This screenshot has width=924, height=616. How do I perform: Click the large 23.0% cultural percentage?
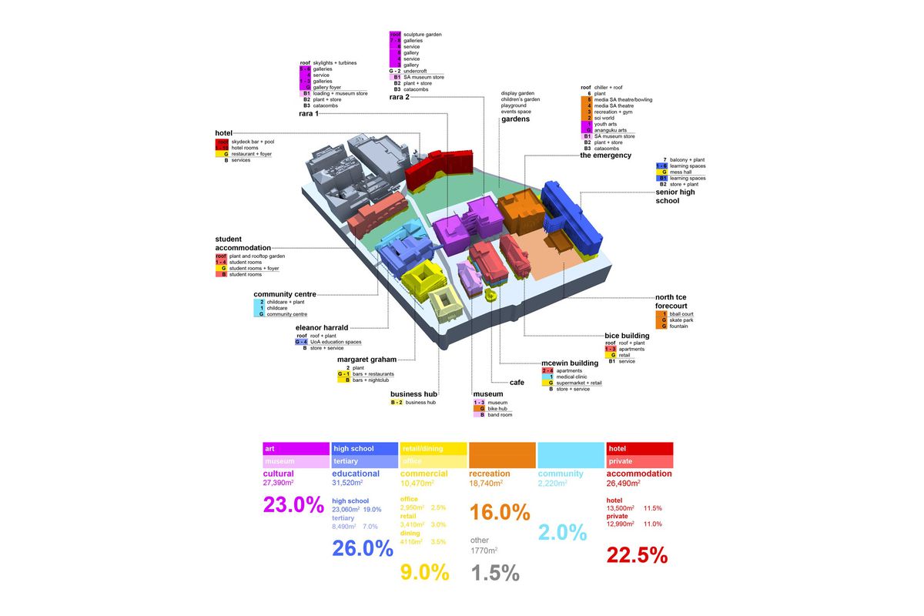pyautogui.click(x=293, y=505)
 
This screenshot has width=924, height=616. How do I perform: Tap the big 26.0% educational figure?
pyautogui.click(x=362, y=548)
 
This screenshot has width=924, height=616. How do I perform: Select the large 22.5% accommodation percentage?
pyautogui.click(x=637, y=555)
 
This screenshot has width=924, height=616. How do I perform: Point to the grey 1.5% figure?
pyautogui.click(x=494, y=573)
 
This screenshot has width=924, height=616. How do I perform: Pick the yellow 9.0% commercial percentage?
pyautogui.click(x=424, y=572)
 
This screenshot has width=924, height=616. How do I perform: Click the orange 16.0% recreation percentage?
pyautogui.click(x=500, y=512)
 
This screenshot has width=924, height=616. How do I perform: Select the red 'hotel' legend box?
pyautogui.click(x=640, y=449)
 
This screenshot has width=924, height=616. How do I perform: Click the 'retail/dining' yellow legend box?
pyautogui.click(x=434, y=449)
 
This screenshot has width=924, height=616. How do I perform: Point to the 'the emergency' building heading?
pyautogui.click(x=605, y=156)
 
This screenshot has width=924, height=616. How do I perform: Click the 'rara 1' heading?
pyautogui.click(x=310, y=114)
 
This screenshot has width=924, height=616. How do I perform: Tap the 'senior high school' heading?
pyautogui.click(x=675, y=196)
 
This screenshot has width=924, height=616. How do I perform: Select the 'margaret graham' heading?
pyautogui.click(x=367, y=360)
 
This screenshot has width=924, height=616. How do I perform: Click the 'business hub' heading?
pyautogui.click(x=413, y=394)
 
